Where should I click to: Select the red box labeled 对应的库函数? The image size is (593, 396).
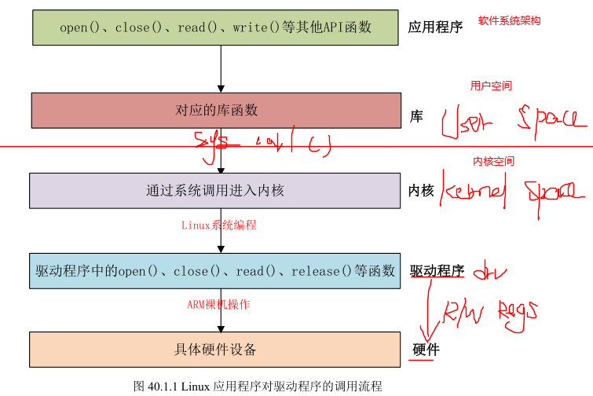(216, 111)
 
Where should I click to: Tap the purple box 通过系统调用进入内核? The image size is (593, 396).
(214, 190)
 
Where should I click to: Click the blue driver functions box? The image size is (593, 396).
(214, 271)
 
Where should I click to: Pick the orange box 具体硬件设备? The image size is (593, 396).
(214, 349)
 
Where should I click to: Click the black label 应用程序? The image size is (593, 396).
(435, 27)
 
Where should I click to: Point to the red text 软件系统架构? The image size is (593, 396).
(509, 20)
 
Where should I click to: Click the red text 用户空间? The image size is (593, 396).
(491, 86)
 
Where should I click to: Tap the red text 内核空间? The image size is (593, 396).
(493, 161)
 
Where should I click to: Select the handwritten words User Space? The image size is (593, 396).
(511, 120)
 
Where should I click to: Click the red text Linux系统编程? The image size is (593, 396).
(218, 225)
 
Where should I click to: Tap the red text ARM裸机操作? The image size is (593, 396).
(218, 304)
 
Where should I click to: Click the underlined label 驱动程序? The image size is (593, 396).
(437, 271)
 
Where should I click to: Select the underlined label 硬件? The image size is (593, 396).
(426, 350)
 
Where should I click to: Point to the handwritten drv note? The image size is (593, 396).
(493, 272)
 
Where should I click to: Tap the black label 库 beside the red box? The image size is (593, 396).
(416, 116)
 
